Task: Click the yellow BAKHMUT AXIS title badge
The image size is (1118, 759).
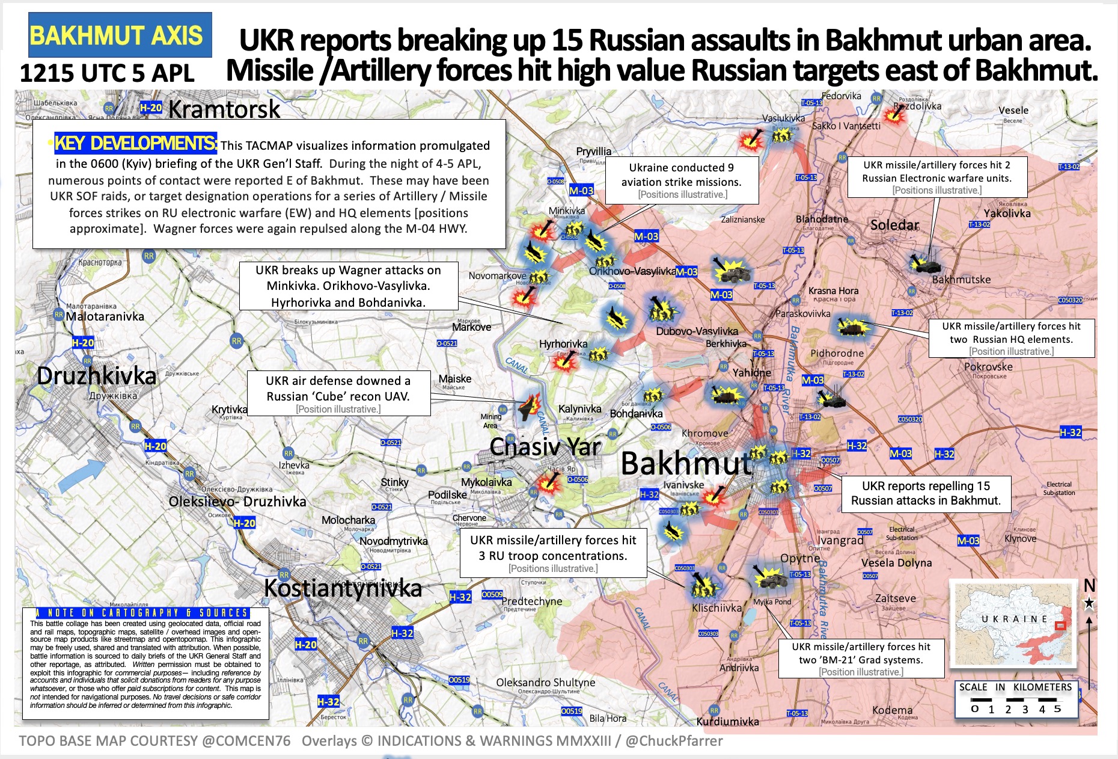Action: point(120,35)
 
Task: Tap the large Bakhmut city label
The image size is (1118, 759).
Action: point(685,463)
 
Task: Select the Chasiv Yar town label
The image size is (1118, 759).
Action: point(545,447)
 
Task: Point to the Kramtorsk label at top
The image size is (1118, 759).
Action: point(224,109)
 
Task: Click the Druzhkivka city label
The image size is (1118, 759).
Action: point(96,376)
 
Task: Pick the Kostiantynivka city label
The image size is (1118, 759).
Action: point(343,588)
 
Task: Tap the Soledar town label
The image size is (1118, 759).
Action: point(894,225)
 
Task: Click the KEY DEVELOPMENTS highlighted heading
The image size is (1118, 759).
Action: point(135,143)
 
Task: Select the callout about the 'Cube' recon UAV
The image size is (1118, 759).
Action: point(338,393)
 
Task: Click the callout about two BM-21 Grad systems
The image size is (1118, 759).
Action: point(861,658)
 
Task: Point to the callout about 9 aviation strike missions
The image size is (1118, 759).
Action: point(682,180)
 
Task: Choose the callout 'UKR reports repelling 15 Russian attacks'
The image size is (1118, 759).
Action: point(926,494)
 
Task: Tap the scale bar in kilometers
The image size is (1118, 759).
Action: point(1015,699)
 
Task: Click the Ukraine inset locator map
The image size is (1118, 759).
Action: point(1012,623)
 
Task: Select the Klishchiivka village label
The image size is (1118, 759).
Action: point(716,608)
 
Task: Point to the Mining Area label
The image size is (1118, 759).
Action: point(490,421)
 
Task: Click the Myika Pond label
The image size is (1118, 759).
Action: point(772,601)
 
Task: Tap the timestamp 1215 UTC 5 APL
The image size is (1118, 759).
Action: point(107,73)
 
